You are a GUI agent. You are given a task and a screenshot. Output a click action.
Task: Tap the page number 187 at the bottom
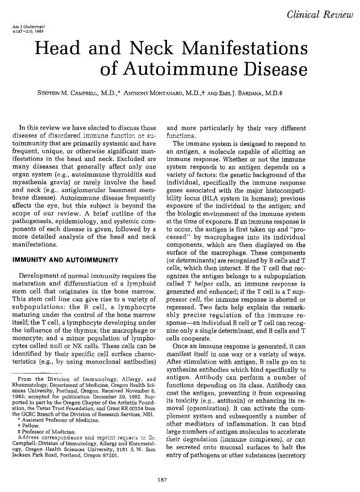tap(180, 480)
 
